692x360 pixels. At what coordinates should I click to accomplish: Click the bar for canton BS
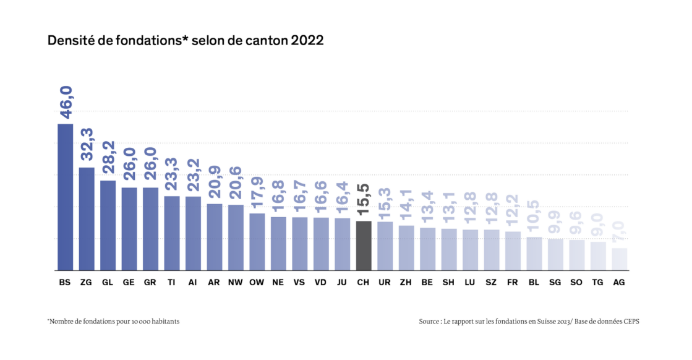coord(66,196)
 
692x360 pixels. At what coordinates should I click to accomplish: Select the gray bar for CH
coord(364,245)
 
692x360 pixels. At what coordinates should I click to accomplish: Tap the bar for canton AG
coord(620,259)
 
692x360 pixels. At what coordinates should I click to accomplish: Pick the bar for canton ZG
coord(87,218)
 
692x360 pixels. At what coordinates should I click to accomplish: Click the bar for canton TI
coord(172,233)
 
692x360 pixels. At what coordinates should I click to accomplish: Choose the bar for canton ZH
coord(406,247)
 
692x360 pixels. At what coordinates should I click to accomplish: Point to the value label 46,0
coord(66,103)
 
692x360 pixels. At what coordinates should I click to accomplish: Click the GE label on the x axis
coord(129,283)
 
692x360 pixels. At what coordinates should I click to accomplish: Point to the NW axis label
coord(236,283)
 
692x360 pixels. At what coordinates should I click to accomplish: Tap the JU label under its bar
coord(343,283)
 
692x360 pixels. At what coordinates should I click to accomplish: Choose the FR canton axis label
coord(513,283)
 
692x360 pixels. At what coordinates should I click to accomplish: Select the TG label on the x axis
coord(598,283)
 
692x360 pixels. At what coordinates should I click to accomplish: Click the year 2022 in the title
coord(307,41)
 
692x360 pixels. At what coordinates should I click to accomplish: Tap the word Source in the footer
coord(429,322)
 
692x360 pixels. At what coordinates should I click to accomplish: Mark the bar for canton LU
coord(470,249)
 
